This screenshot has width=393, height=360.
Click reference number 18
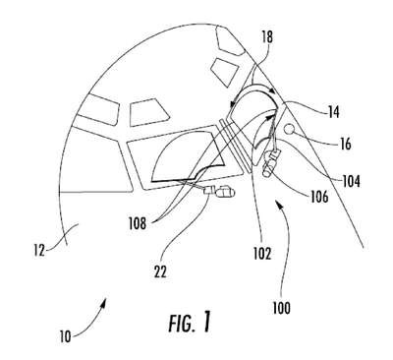[267, 37]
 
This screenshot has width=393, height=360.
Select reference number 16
[345, 144]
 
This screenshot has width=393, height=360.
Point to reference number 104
[351, 181]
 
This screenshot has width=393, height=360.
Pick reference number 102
[262, 253]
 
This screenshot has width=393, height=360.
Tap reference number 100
[281, 308]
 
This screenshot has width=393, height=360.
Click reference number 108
[138, 223]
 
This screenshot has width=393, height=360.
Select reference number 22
[160, 271]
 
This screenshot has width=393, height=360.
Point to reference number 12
[39, 251]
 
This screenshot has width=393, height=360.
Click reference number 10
[66, 336]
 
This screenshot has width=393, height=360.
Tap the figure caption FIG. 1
[190, 323]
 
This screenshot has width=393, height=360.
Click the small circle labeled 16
[289, 129]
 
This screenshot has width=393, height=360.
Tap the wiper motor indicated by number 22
[219, 192]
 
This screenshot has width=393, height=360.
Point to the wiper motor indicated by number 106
[270, 162]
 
